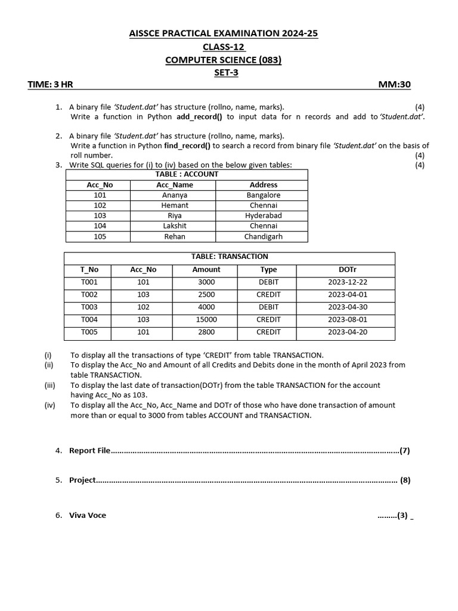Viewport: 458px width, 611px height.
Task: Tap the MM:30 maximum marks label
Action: (394, 85)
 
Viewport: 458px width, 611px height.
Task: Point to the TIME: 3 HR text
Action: (50, 85)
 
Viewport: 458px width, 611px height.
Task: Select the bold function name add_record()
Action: (199, 117)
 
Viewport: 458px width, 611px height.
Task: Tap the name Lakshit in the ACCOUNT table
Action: (175, 226)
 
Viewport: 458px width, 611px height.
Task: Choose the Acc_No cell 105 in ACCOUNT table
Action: (100, 236)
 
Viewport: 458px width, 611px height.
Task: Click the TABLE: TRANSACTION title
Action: (230, 257)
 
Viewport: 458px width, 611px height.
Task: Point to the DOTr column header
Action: (347, 270)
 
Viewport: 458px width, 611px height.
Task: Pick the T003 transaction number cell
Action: (89, 307)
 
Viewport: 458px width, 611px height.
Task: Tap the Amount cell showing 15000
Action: (206, 320)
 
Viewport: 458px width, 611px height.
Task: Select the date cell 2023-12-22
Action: (347, 282)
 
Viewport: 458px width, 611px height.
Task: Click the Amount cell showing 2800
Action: (206, 332)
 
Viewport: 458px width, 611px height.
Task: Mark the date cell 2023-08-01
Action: (347, 320)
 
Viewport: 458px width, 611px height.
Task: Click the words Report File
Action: (90, 451)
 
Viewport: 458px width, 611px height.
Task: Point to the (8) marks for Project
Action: (406, 480)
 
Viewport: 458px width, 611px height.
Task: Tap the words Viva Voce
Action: (88, 516)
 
